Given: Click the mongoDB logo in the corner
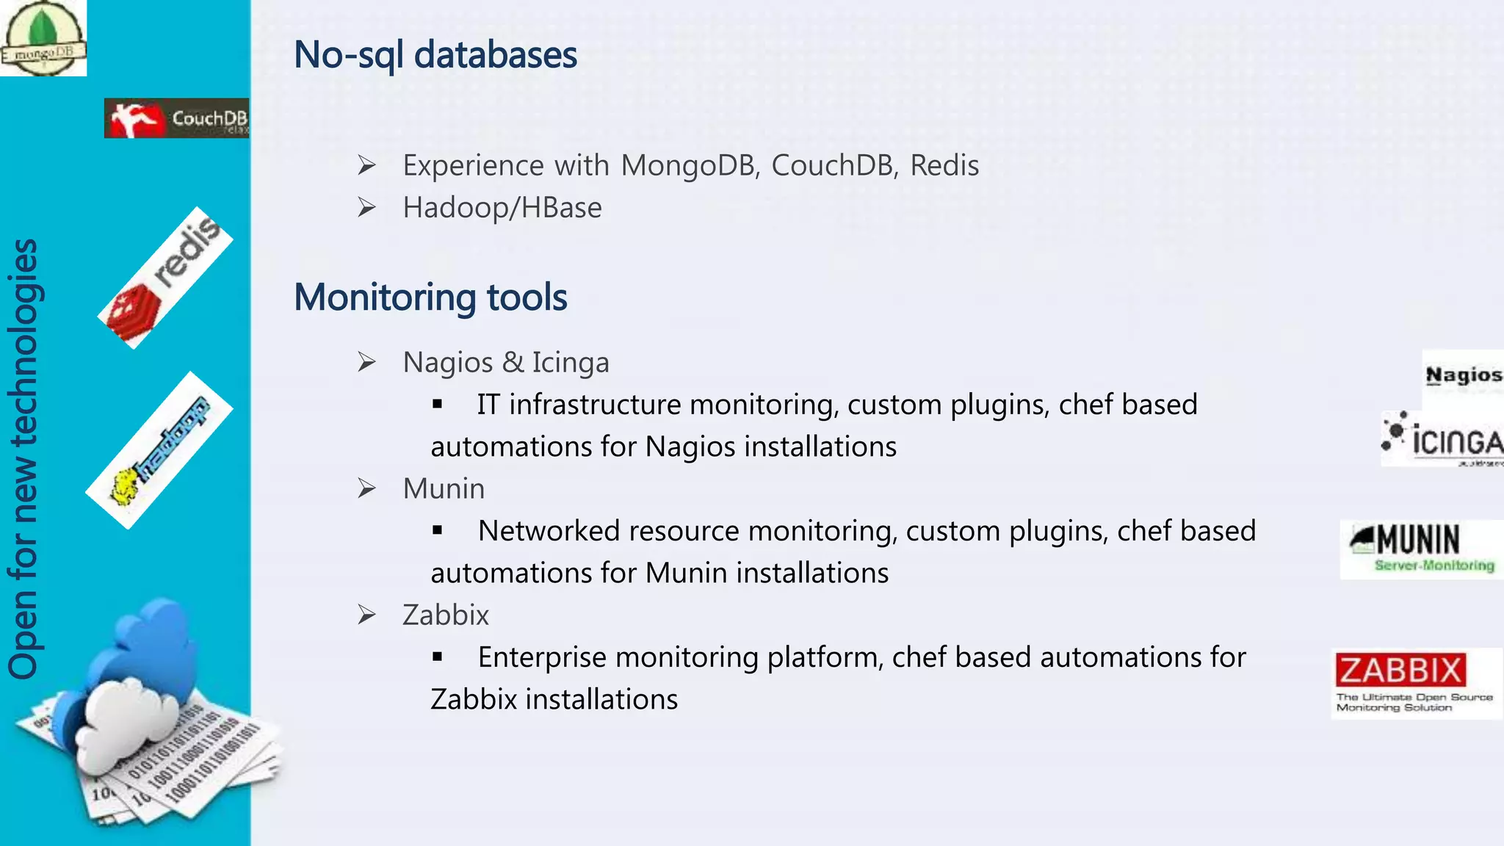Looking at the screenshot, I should click(x=43, y=38).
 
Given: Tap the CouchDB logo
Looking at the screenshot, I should click(x=176, y=118).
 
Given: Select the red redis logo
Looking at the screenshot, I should click(x=165, y=278).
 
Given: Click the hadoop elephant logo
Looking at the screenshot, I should click(x=159, y=449).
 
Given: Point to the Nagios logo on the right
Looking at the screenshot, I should click(x=1463, y=376).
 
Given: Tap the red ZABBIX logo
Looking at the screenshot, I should click(x=1400, y=670).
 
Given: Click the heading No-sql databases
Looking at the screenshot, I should click(x=435, y=55).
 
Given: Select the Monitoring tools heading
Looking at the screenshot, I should click(x=430, y=297).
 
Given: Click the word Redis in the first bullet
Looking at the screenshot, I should click(x=944, y=166).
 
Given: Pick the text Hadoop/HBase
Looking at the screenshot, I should click(x=502, y=208).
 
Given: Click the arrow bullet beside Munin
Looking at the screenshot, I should click(x=366, y=488).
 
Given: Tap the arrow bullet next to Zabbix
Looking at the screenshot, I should click(x=366, y=615).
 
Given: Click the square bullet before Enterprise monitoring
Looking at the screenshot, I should click(x=438, y=657).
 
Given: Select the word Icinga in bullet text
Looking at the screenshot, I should click(x=571, y=363).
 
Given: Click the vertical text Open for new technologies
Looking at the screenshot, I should click(x=23, y=459).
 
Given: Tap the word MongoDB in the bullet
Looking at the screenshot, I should click(x=689, y=166).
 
